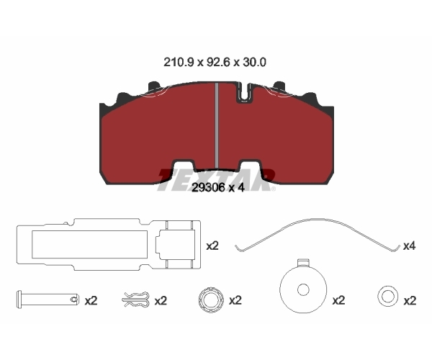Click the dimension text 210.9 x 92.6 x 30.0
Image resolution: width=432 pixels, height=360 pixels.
[x=215, y=63]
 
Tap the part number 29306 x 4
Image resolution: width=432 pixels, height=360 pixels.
[x=218, y=188]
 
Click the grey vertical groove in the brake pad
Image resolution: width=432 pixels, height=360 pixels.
[x=217, y=125]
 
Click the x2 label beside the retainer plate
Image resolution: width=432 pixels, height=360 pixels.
[x=212, y=246]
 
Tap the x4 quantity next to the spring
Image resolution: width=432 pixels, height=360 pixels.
[x=410, y=246]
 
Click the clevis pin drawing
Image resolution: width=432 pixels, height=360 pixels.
[x=48, y=299]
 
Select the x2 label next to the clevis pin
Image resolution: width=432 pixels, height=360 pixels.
[x=91, y=301]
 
